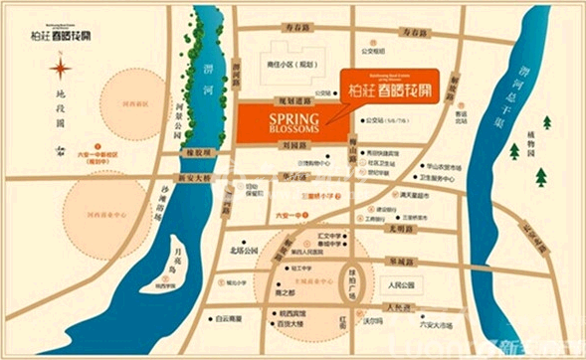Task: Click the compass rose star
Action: tap(62, 67)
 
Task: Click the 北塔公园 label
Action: tap(243, 250)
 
